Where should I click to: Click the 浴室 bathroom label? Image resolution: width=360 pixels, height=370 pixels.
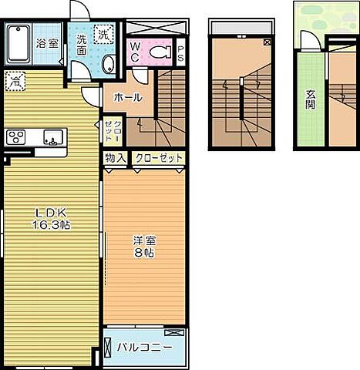(x=49, y=43)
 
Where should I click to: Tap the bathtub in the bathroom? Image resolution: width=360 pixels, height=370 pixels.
(x=20, y=43)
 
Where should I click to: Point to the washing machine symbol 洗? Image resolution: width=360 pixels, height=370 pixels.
(x=103, y=34)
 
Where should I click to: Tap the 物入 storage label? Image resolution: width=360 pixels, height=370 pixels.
(x=116, y=158)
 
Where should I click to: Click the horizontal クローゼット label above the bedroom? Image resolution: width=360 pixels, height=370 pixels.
(x=159, y=158)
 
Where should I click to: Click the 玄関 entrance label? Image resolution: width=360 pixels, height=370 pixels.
(x=311, y=99)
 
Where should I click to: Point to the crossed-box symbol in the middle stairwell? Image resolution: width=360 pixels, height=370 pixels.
(x=266, y=42)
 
